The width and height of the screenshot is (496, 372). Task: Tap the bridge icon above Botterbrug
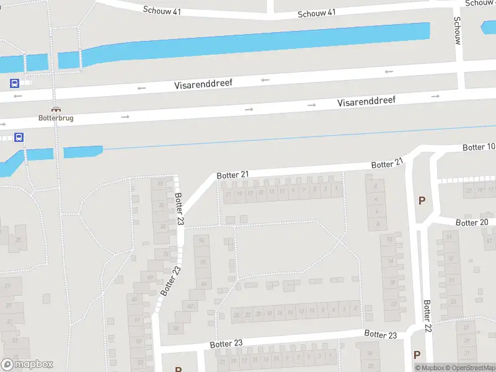pyautogui.click(x=56, y=109)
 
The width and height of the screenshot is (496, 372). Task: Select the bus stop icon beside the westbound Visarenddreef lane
pyautogui.click(x=14, y=83)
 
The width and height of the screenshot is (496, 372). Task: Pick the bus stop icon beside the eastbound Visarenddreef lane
pyautogui.click(x=19, y=138)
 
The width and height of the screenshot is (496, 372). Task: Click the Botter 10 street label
pyautogui.click(x=479, y=147)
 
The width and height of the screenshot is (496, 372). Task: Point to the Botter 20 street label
pyautogui.click(x=472, y=223)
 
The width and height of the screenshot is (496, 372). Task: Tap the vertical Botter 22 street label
pyautogui.click(x=427, y=316)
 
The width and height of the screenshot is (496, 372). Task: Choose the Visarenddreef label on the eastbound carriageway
pyautogui.click(x=366, y=101)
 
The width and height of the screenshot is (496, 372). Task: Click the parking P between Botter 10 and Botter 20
pyautogui.click(x=422, y=200)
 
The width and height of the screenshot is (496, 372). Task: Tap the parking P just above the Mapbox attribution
pyautogui.click(x=417, y=355)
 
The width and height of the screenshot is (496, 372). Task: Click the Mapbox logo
pyautogui.click(x=27, y=365)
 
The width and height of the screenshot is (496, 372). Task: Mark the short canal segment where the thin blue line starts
pyautogui.click(x=82, y=151)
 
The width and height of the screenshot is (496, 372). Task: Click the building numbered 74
pyautogui.click(x=201, y=241)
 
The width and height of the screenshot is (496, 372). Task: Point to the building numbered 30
pyautogui.click(x=163, y=226)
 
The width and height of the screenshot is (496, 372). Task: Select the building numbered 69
pyautogui.click(x=151, y=277)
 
